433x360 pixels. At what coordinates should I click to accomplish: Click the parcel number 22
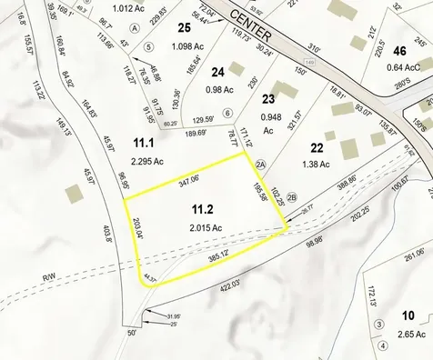317,147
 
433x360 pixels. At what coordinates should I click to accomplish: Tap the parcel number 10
408,315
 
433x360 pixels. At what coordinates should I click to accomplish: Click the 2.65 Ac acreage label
407,334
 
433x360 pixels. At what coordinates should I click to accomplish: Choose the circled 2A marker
260,164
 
